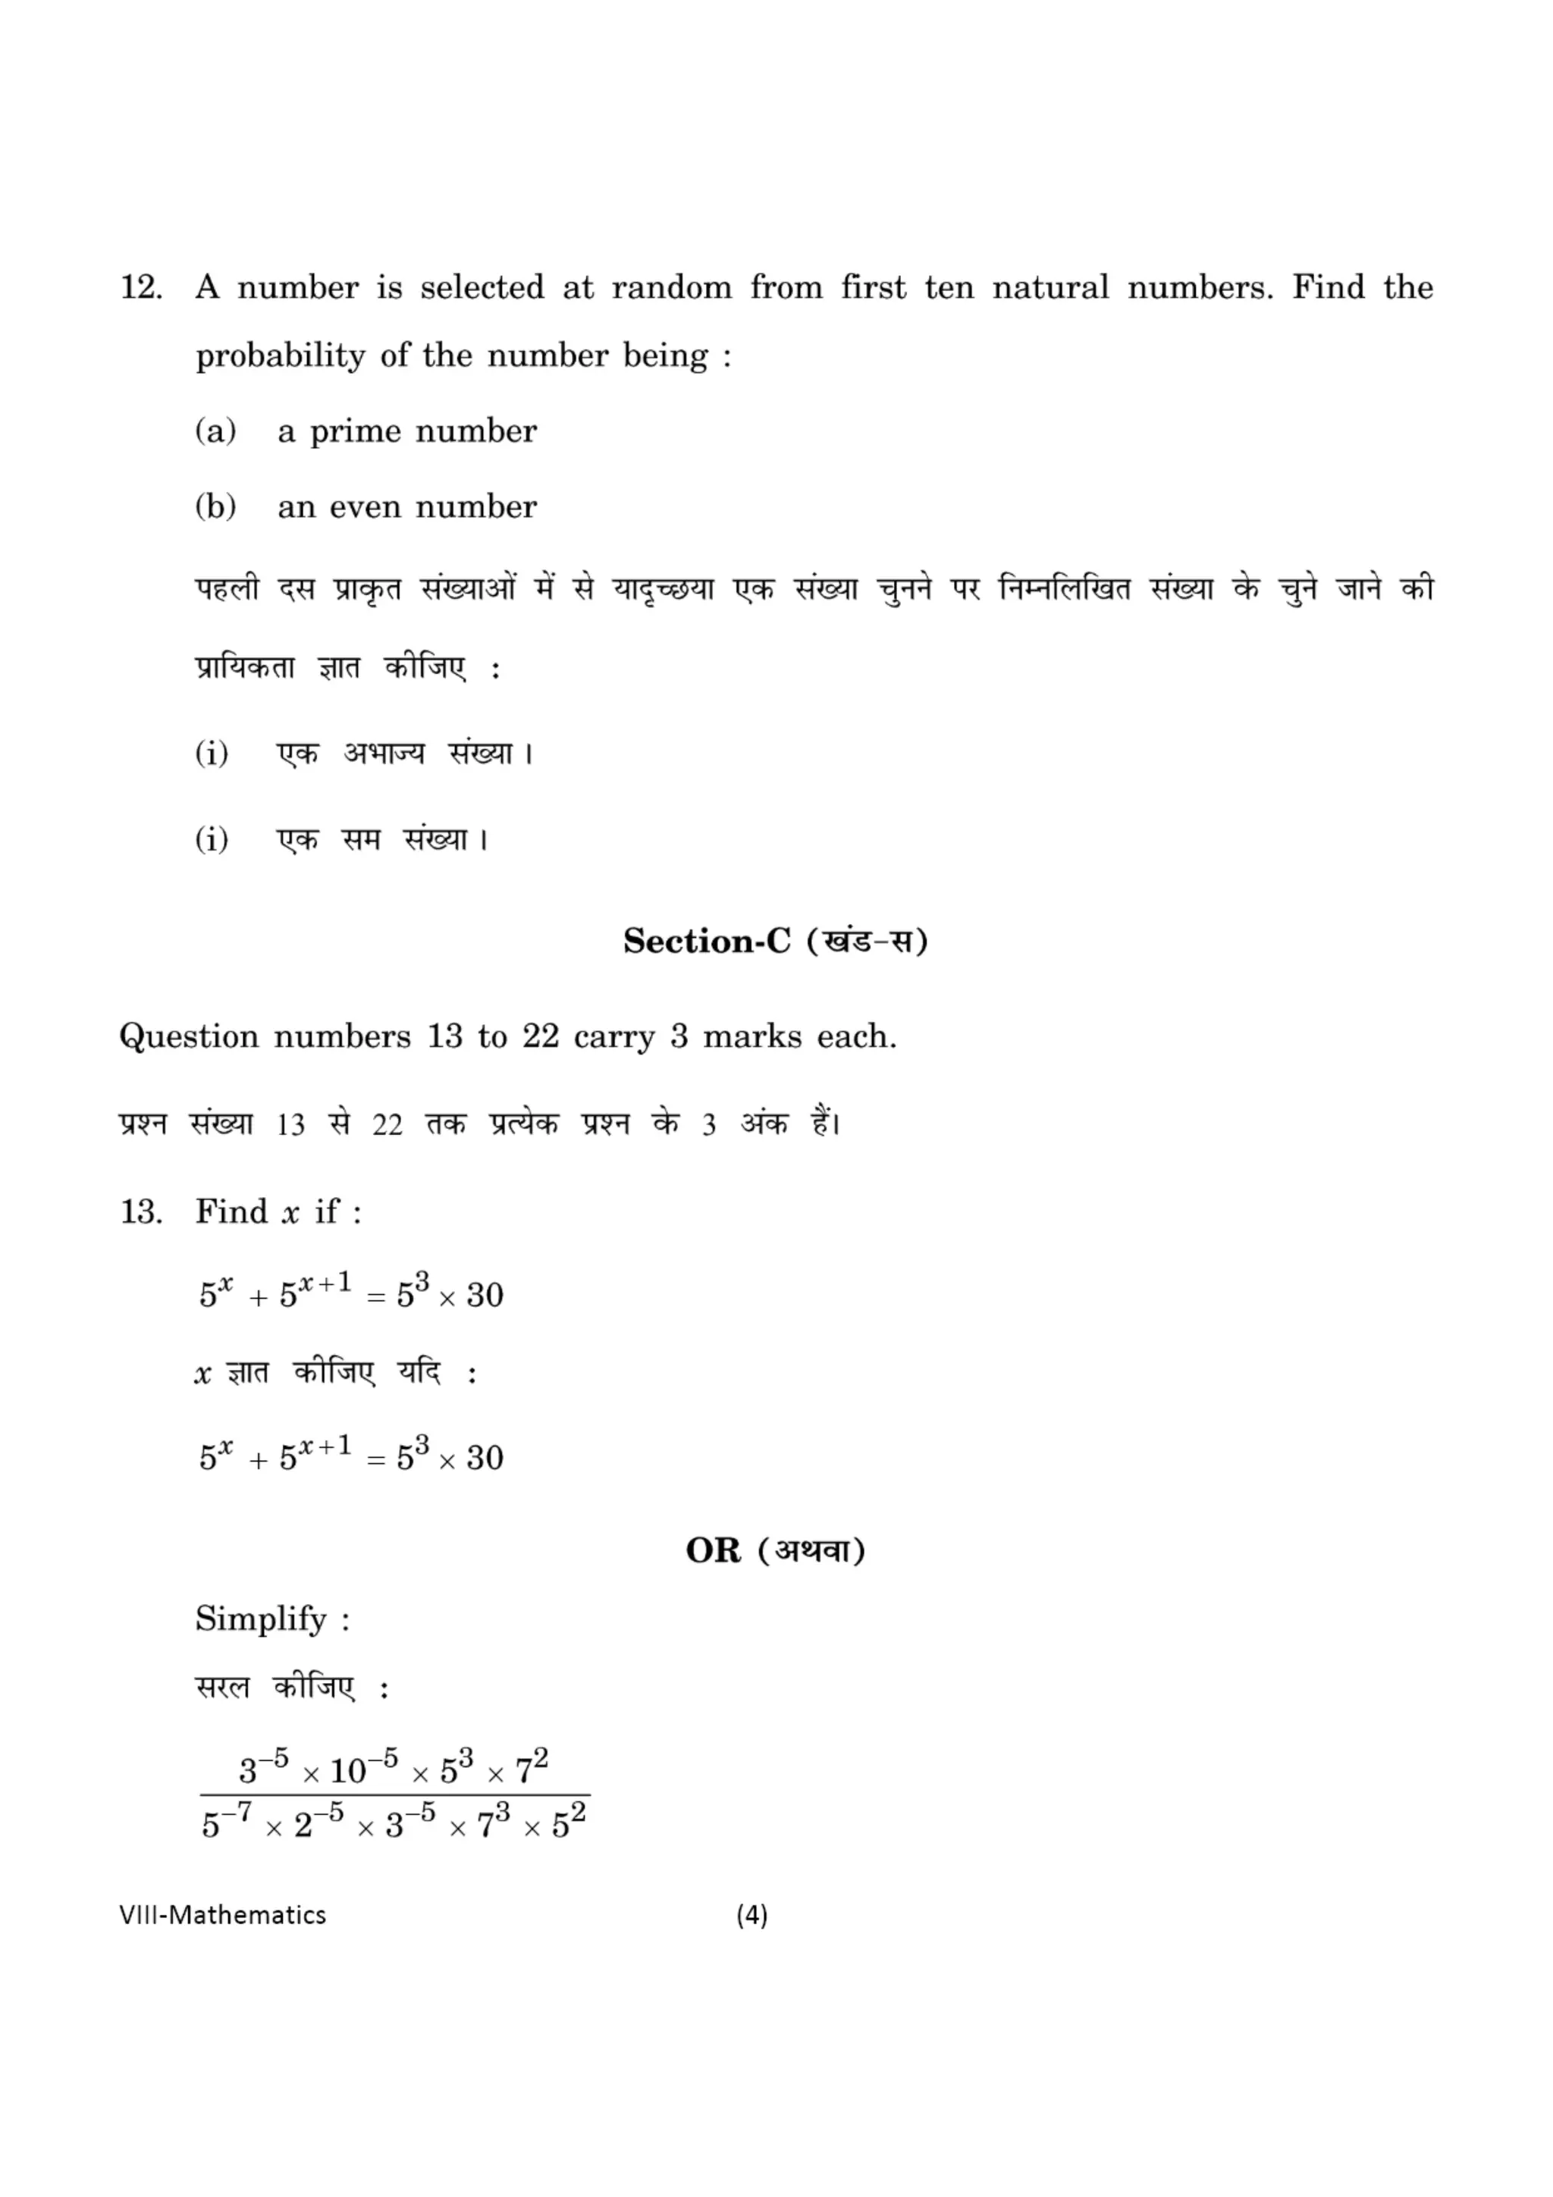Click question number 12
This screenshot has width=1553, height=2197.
pos(140,287)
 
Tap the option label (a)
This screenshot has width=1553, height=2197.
pos(215,431)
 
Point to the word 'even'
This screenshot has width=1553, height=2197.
pos(365,507)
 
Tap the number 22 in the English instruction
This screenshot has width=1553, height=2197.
pos(541,1036)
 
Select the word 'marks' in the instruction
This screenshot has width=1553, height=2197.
pos(752,1036)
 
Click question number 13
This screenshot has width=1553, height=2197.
pos(140,1212)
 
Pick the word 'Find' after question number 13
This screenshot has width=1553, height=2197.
pos(231,1211)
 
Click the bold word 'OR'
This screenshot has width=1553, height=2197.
pos(713,1551)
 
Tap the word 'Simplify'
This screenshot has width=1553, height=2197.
pos(261,1619)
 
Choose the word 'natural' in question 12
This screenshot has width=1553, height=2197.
pos(1051,287)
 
